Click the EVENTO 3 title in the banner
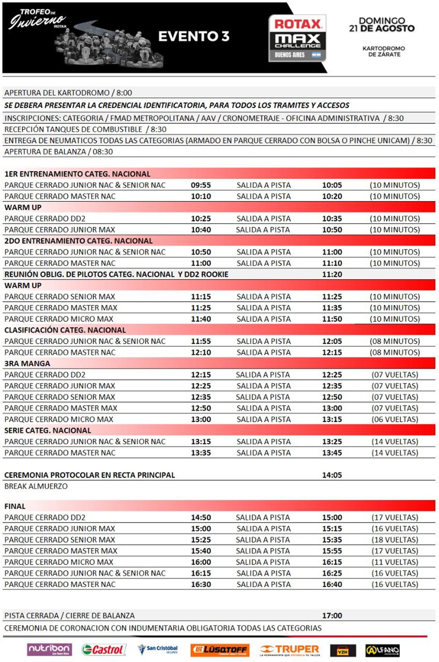tap(193, 36)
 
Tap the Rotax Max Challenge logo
tap(298, 38)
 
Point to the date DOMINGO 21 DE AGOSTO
tap(381, 25)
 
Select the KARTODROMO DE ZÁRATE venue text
tap(384, 51)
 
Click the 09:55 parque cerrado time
tap(201, 185)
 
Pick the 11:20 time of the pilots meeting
tap(332, 274)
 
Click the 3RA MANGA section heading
tap(27, 363)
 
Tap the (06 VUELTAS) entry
tap(395, 419)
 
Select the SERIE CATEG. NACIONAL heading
tap(48, 431)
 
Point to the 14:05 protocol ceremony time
tap(332, 475)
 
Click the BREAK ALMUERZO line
tap(36, 486)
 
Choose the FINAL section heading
tap(15, 506)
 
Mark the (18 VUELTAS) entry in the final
tap(395, 540)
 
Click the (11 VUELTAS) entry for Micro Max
tap(395, 562)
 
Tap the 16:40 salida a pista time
tap(332, 584)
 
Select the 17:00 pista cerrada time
tap(332, 615)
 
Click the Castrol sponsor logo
tap(104, 650)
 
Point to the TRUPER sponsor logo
tap(290, 650)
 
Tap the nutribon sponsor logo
tap(49, 650)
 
